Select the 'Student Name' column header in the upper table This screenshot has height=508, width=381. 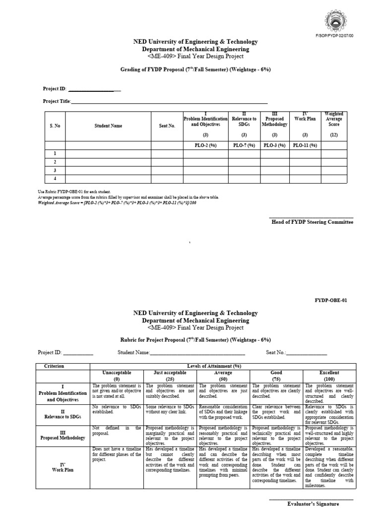[x=108, y=126]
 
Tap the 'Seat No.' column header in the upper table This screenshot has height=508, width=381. [x=167, y=126]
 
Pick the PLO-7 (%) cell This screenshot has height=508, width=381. [x=244, y=145]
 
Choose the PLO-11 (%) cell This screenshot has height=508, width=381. [x=305, y=145]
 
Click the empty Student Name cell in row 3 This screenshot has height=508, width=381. [x=108, y=170]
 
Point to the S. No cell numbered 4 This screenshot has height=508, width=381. [x=55, y=179]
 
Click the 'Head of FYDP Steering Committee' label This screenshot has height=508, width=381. [x=312, y=222]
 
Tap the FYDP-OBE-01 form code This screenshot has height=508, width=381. [x=334, y=301]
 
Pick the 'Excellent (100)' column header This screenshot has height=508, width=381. [x=329, y=376]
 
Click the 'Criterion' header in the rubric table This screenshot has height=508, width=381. [x=54, y=366]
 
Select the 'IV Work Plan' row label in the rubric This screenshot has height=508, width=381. [x=62, y=467]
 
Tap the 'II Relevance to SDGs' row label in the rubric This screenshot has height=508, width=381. [x=62, y=414]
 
